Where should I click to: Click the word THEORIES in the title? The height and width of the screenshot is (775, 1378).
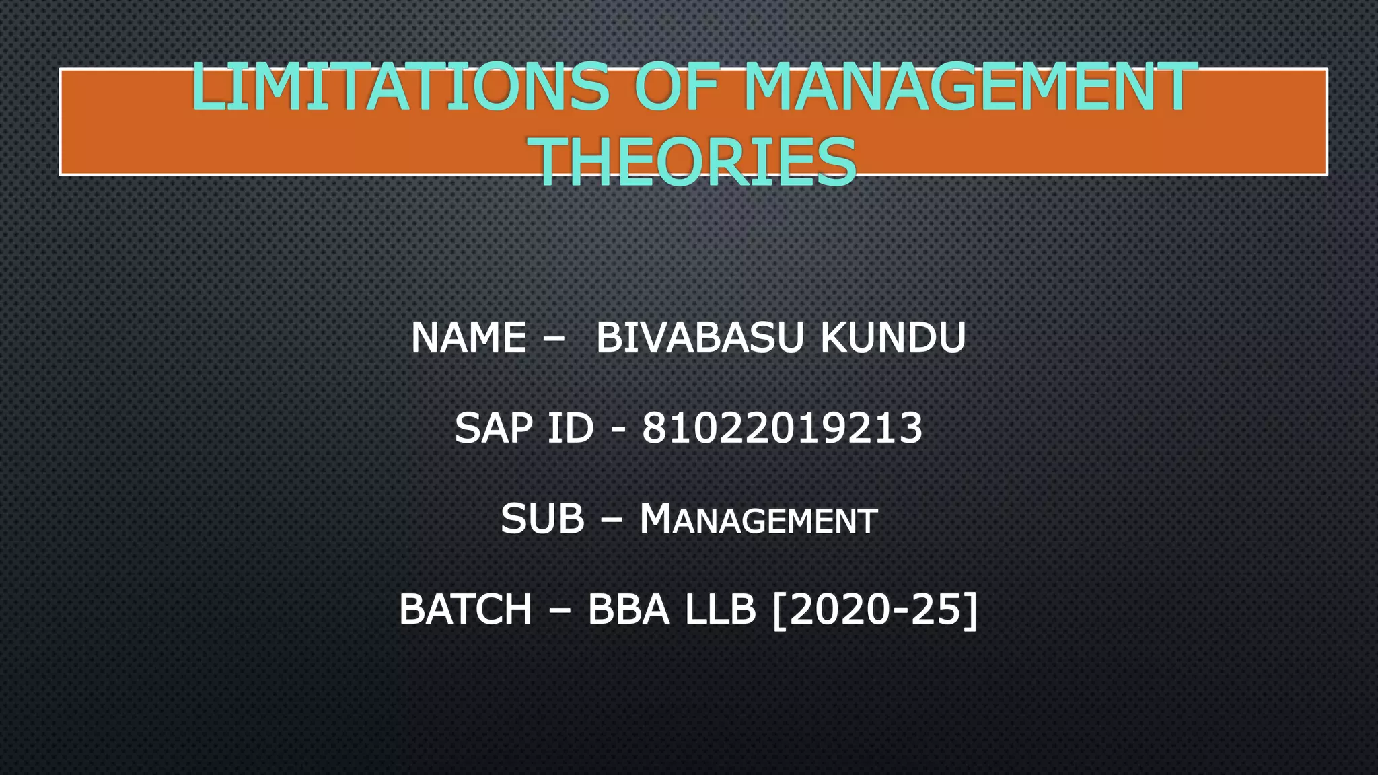coord(695,162)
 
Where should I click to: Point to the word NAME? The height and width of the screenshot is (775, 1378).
coord(468,338)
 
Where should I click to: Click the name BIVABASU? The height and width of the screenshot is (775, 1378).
coord(700,338)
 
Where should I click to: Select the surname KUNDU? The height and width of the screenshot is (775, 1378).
coord(893,338)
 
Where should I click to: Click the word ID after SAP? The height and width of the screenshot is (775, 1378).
coord(570,429)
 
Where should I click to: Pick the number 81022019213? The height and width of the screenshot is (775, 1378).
coord(782,429)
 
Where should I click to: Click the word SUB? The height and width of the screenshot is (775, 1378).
coord(542,519)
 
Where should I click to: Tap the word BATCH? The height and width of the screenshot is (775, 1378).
coord(466,610)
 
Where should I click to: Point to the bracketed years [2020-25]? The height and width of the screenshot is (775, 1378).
coord(875,610)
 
